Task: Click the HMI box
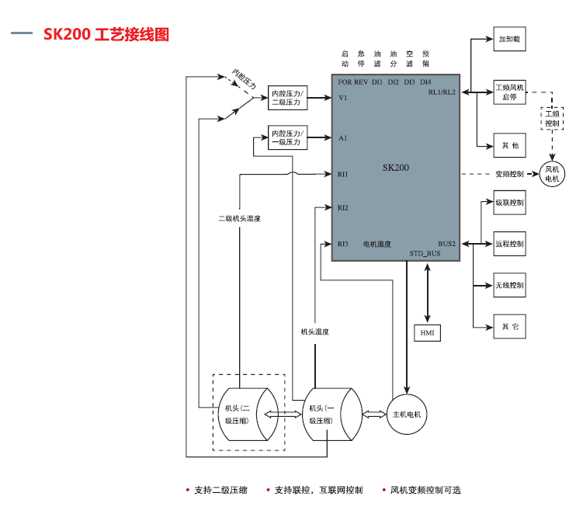coord(427,333)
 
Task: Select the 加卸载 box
coord(509,39)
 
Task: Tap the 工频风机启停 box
coord(509,92)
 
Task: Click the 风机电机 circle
coord(552,174)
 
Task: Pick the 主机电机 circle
coord(407,415)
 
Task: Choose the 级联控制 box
coord(509,203)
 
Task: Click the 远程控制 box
coord(509,244)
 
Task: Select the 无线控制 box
coord(509,285)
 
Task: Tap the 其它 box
coord(509,327)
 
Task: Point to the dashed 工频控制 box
coord(552,118)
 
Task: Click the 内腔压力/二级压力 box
coord(288,98)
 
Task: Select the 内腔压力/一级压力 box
coord(288,137)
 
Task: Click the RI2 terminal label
coord(343,207)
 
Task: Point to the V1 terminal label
coord(343,98)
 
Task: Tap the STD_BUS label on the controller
coord(425,253)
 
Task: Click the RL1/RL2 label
coord(442,92)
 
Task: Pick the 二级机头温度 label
coord(240,219)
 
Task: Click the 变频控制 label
coord(509,174)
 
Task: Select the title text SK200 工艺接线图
coord(106,34)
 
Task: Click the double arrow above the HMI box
coord(427,293)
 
